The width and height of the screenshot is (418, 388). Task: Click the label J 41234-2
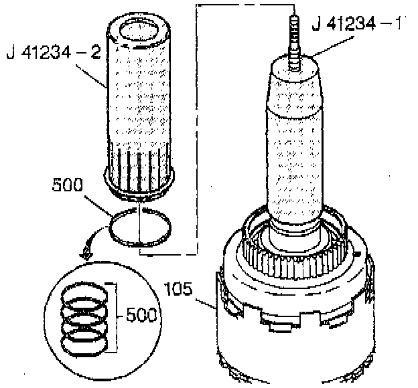tap(52, 52)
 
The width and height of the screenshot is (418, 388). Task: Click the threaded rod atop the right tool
tap(293, 37)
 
